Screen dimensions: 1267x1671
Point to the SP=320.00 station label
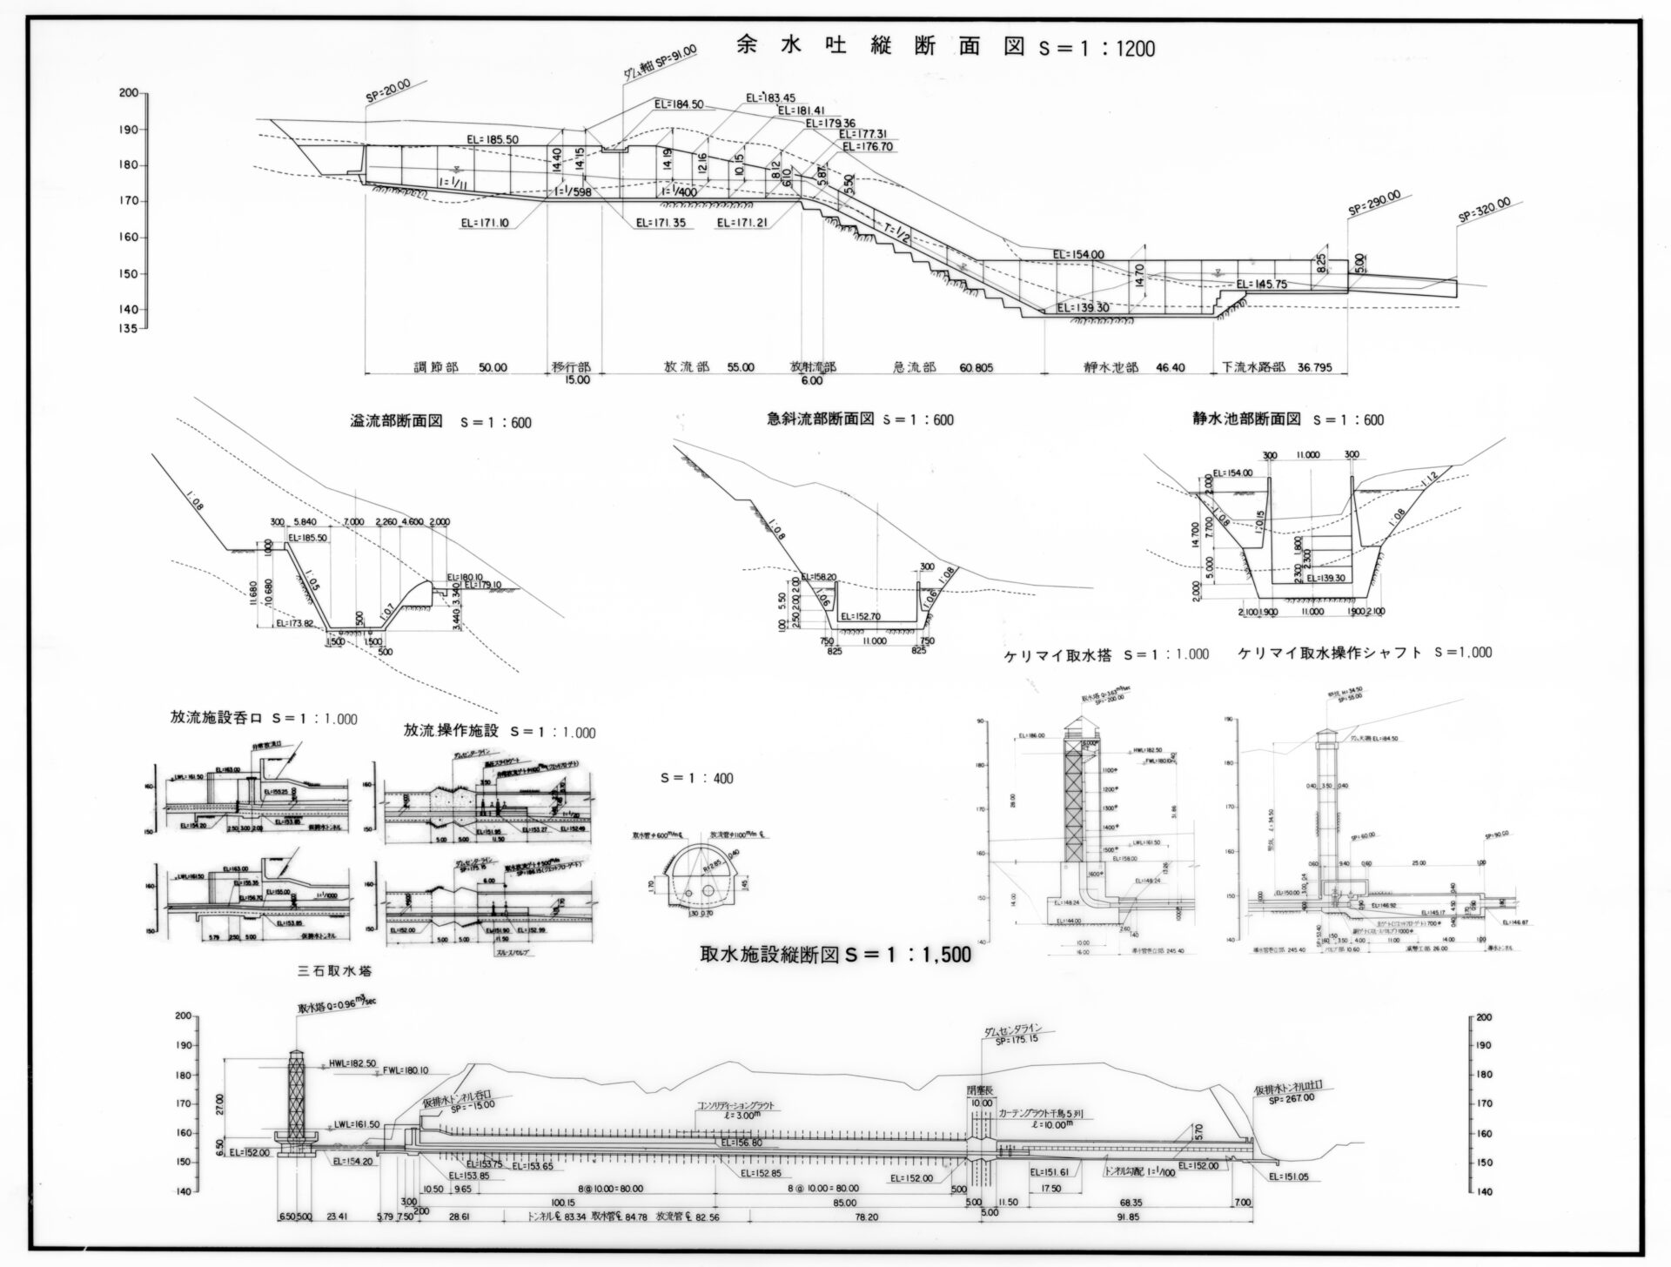[x=1490, y=213]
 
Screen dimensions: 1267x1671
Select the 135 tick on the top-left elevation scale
[x=128, y=329]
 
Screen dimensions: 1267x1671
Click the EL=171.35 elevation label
[x=660, y=223]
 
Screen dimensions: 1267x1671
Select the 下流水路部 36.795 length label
[x=1277, y=368]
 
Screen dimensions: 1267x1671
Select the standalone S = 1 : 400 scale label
[x=697, y=778]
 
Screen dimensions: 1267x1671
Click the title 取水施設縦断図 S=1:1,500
[x=835, y=955]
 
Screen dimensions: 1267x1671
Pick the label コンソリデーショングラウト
[x=734, y=1107]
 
